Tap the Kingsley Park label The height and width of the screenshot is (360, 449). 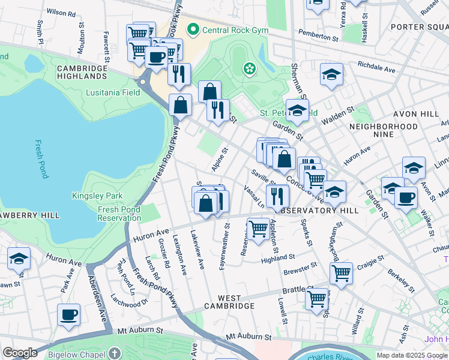[x=97, y=196]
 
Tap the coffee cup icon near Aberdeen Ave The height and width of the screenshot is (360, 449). [x=68, y=314]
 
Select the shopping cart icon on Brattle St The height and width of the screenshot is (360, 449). [x=316, y=297]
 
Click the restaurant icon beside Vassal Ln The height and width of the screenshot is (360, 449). [x=277, y=195]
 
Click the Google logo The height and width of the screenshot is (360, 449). [x=20, y=353]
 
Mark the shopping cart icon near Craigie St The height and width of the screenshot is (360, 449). [x=341, y=272]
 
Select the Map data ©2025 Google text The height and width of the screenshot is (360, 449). [x=411, y=355]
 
